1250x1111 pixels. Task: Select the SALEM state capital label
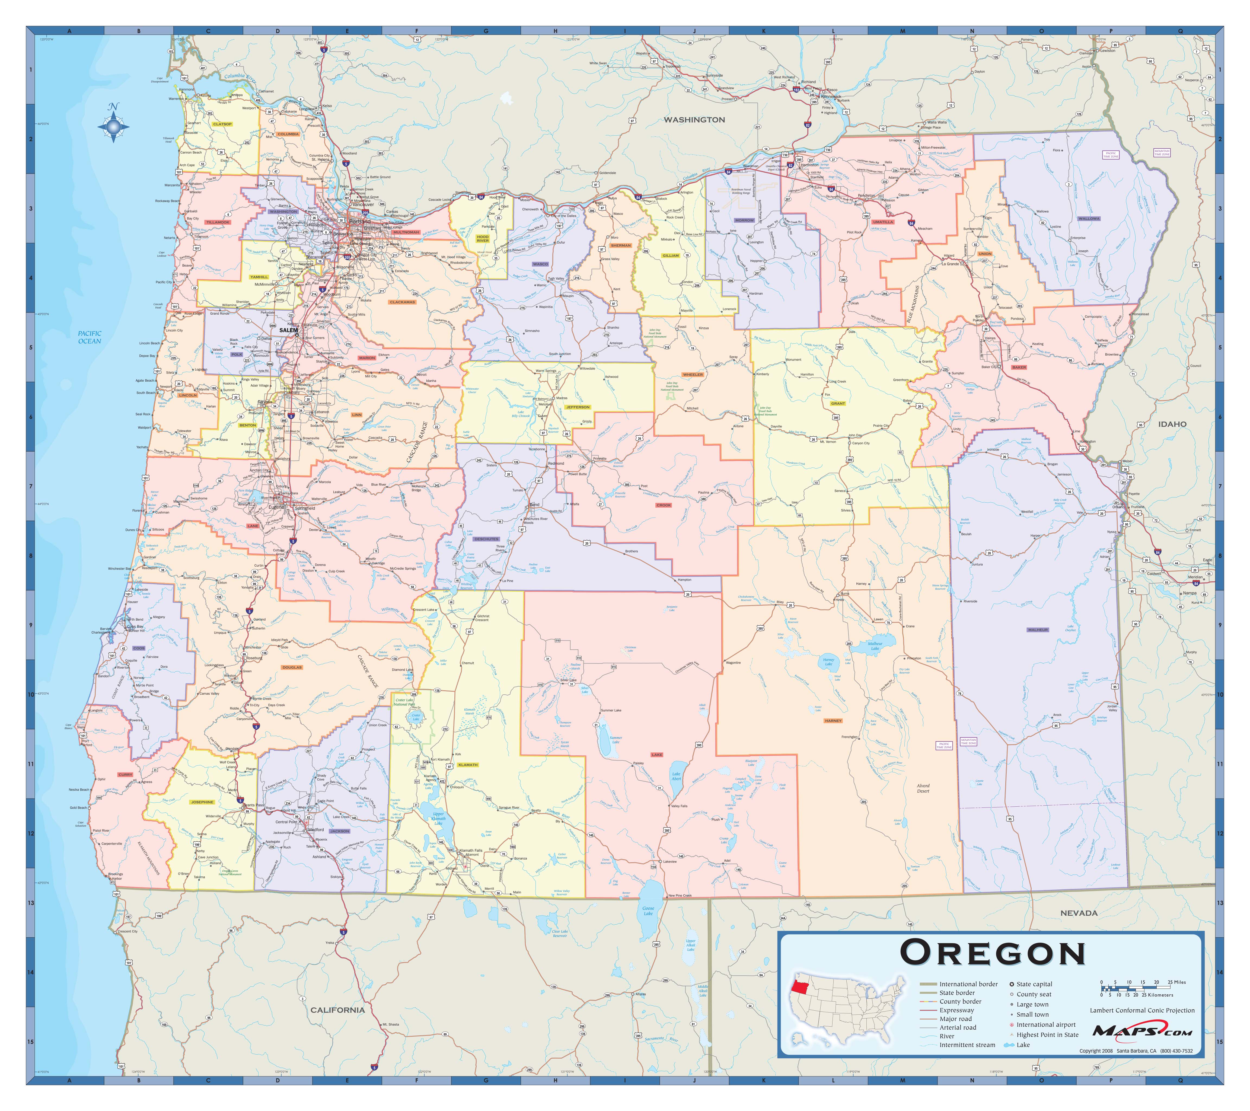tap(289, 330)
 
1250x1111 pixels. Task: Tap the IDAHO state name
tap(1172, 424)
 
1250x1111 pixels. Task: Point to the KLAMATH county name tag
tap(468, 765)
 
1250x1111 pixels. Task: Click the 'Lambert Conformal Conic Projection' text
tap(1142, 1010)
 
